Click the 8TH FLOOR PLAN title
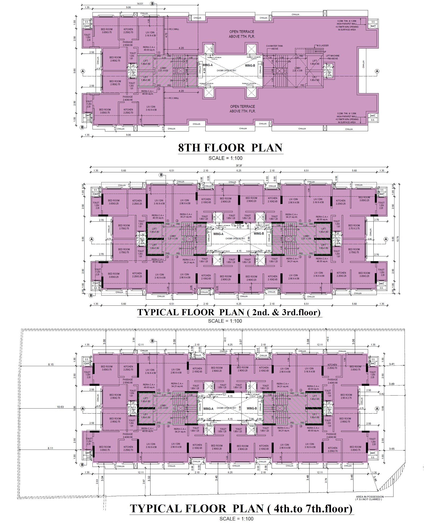pos(230,148)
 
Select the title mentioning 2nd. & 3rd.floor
pos(229,312)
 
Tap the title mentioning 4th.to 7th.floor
pos(241,509)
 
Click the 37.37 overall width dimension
pos(240,166)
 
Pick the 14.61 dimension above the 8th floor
pos(140,4)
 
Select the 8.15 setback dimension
pos(51,365)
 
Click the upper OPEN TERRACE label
pos(242,34)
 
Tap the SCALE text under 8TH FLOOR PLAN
pos(225,158)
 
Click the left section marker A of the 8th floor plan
pos(83,71)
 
